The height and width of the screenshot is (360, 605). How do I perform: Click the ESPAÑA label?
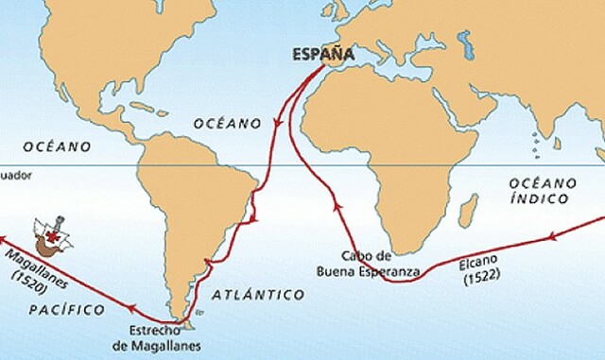pos(322,54)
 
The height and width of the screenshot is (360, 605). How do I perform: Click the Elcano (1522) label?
pos(484,269)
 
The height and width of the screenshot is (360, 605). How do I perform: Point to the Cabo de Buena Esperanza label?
pos(368,264)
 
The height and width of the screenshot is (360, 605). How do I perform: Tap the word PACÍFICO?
pos(55,309)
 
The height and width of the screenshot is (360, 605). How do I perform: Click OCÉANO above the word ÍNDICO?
pos(543,181)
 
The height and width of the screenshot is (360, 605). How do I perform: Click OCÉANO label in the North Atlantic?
pos(226,123)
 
